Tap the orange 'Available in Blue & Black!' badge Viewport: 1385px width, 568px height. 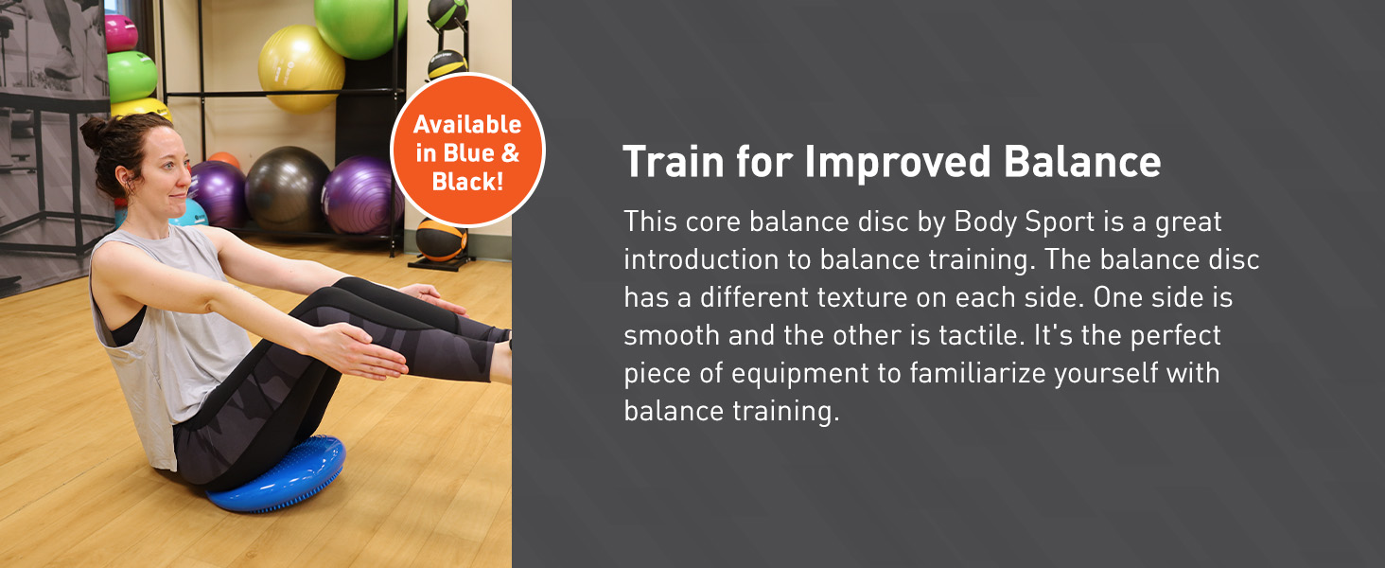[x=467, y=151]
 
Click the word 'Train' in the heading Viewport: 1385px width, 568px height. [x=674, y=162]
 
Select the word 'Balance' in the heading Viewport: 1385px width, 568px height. [x=1082, y=162]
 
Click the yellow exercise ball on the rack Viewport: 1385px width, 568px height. [x=301, y=68]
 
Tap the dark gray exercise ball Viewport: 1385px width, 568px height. [x=287, y=189]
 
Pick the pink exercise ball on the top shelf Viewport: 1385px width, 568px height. [x=120, y=33]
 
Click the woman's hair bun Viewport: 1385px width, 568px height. [x=94, y=133]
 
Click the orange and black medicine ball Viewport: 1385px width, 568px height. [x=441, y=240]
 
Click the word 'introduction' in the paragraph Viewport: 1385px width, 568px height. [x=701, y=259]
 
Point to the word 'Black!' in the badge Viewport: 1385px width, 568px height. [x=467, y=182]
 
